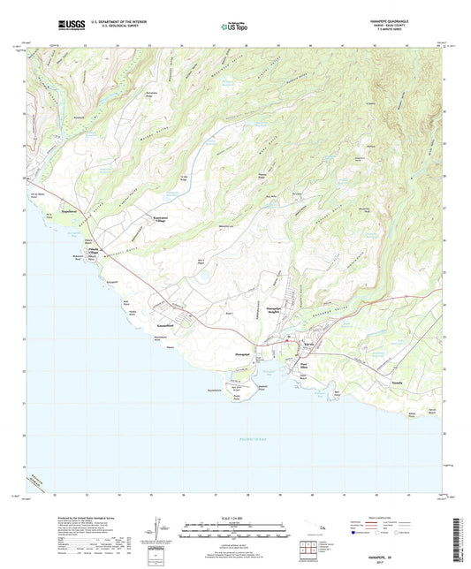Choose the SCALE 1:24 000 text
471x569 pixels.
[x=235, y=519]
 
